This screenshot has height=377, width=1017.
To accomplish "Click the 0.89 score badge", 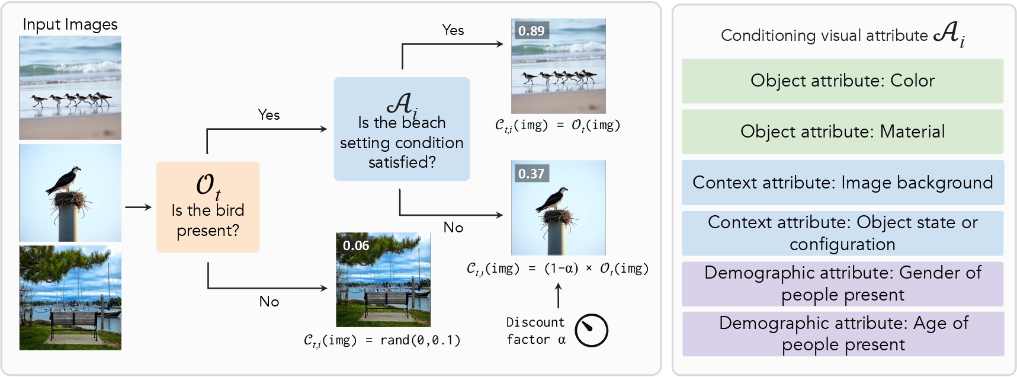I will (x=531, y=31).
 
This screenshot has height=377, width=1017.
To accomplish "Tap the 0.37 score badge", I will (x=531, y=174).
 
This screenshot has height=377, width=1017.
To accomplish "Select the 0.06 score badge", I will (x=355, y=245).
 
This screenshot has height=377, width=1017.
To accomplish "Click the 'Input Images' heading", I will (x=70, y=24).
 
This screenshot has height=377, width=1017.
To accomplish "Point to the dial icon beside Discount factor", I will (x=591, y=331).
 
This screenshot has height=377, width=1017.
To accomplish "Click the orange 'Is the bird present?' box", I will (x=208, y=207).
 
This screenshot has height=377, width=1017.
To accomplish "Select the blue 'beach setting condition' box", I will (x=402, y=129).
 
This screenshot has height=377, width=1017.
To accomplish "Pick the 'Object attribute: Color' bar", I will (x=842, y=81).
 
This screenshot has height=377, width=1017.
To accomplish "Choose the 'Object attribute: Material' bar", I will (x=842, y=132).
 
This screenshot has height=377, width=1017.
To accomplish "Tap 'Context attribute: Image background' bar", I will (x=842, y=183).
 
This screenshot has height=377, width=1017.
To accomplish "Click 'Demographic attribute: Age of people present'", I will (x=843, y=334).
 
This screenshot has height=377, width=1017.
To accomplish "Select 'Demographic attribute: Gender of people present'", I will (x=842, y=283).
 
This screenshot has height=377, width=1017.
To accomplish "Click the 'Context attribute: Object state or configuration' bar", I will (x=842, y=233).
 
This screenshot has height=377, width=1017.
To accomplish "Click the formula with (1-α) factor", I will (x=557, y=269).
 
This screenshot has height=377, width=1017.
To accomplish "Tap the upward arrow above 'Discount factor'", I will (x=558, y=295).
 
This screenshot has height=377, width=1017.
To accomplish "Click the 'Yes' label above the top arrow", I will (x=453, y=30).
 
